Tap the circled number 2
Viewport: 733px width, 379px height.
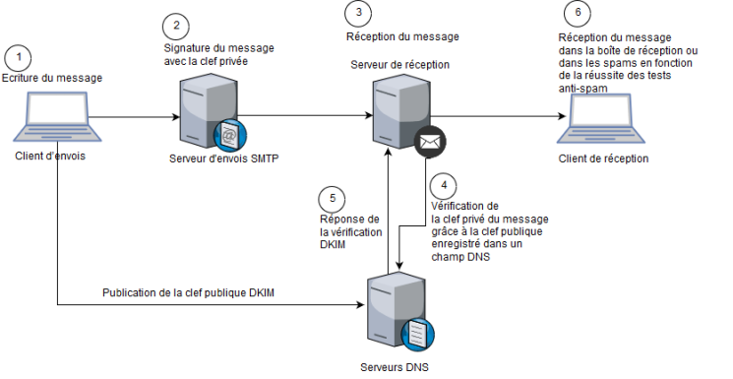(175, 25)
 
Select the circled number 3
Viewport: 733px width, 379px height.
(358, 13)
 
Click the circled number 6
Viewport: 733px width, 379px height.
(579, 14)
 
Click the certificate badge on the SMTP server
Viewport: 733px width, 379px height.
(231, 135)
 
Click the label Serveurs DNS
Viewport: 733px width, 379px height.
(396, 367)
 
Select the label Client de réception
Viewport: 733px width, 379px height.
(602, 158)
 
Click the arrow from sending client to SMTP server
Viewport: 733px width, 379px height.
(128, 117)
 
